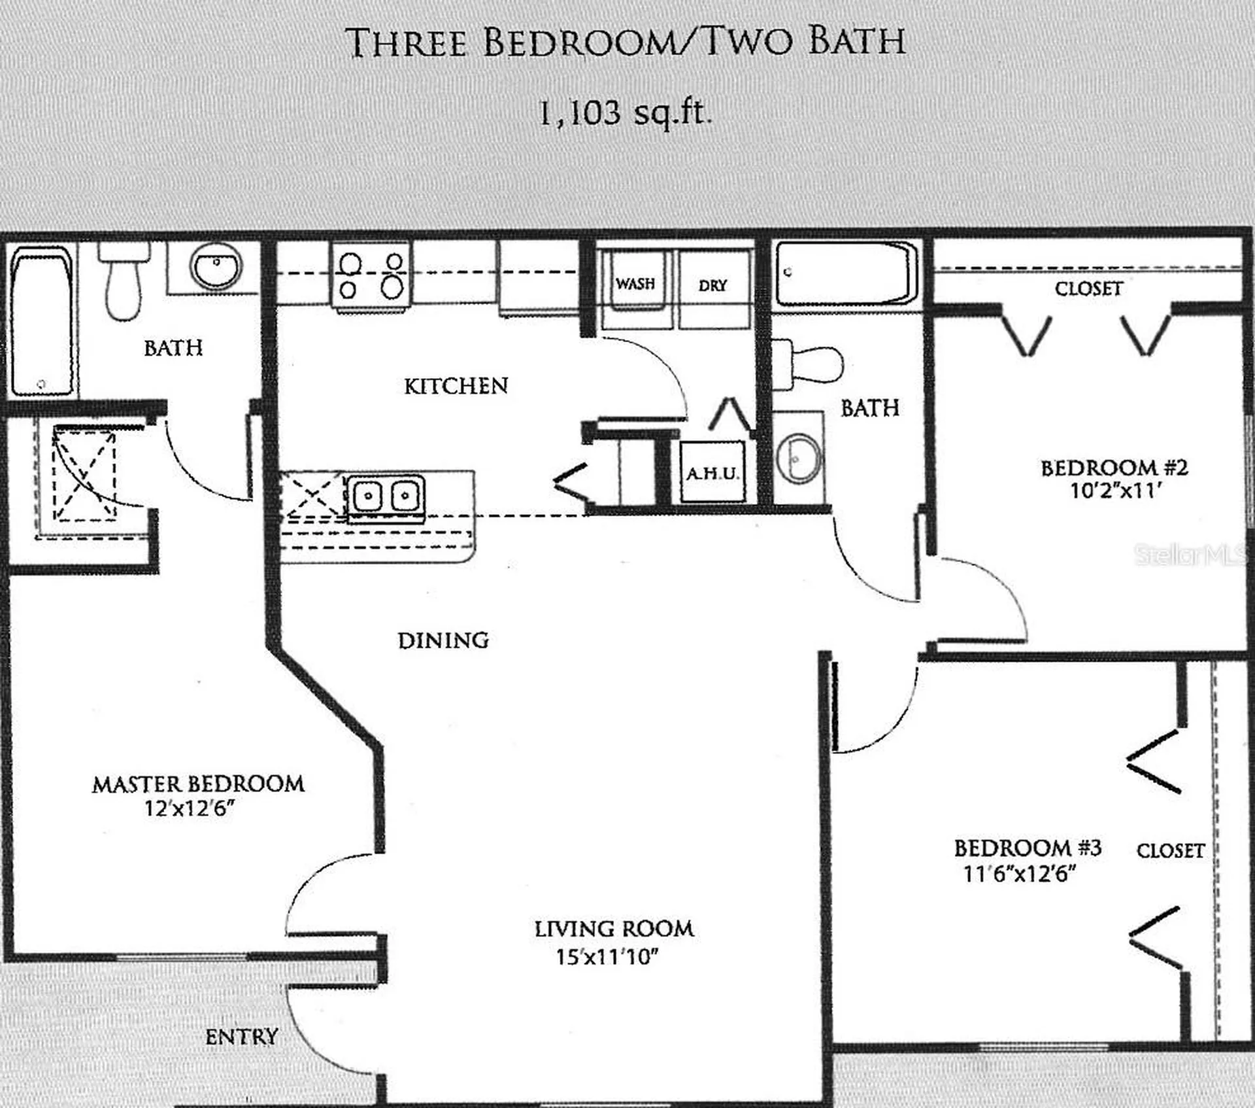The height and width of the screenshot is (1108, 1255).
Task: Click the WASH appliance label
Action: point(635,284)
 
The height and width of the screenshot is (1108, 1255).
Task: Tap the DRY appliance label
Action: point(712,286)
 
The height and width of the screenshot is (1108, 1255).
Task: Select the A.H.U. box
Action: point(712,472)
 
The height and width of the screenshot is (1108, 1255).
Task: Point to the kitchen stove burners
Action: point(371,275)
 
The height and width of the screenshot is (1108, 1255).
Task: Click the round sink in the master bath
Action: point(216,268)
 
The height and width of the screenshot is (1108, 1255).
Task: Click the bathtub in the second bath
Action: point(846,273)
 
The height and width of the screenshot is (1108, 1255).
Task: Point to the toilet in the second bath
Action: point(808,364)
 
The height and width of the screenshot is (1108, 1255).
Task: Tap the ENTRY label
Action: point(242,1037)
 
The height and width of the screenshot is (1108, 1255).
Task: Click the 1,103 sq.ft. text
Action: point(624,113)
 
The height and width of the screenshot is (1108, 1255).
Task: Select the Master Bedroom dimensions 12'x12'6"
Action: point(190,808)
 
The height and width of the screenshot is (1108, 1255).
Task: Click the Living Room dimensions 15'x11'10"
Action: point(607,957)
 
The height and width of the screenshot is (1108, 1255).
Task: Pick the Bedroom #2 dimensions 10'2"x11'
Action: point(1115,491)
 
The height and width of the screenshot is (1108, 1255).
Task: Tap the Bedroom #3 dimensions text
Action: point(1020,873)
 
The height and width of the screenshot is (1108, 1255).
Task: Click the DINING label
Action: point(443,640)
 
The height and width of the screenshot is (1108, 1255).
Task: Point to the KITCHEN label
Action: point(456,386)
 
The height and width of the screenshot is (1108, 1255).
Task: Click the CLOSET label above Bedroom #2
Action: point(1089,288)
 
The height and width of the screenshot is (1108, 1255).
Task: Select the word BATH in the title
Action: point(857,42)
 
